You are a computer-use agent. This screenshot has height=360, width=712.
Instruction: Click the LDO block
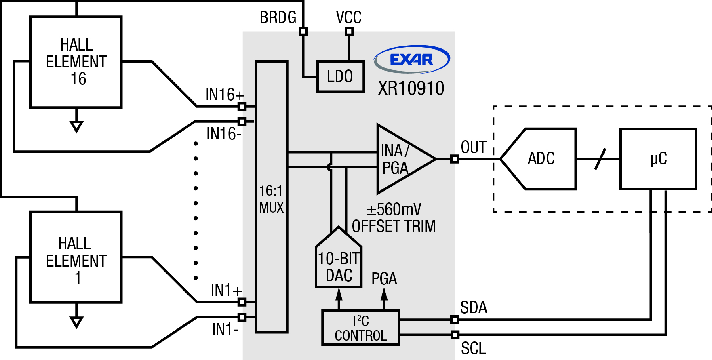tap(340, 76)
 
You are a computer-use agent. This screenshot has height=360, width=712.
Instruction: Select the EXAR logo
tap(412, 59)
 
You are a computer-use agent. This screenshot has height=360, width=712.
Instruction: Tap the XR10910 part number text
tap(411, 88)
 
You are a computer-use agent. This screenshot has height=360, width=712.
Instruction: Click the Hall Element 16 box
tap(76, 62)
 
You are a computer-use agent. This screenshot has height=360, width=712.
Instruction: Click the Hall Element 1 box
tap(76, 257)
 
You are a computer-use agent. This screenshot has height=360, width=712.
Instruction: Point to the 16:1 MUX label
tap(271, 199)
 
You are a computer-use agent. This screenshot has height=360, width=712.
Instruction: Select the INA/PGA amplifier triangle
tap(400, 159)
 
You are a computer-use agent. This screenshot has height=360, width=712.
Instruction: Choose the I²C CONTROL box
tap(360, 328)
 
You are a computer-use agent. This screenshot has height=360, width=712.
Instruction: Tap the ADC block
tap(541, 159)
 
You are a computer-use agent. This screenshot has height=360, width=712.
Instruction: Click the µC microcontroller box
tap(658, 159)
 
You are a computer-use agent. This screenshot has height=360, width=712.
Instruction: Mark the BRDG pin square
tap(303, 31)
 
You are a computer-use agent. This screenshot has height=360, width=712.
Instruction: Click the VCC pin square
tap(349, 31)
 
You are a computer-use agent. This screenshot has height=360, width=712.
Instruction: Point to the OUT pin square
tap(455, 159)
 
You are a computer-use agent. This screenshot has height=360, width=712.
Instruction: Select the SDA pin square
tap(455, 320)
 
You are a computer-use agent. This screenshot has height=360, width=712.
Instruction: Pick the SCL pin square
tap(455, 335)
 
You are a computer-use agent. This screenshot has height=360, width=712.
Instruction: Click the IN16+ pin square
tap(242, 106)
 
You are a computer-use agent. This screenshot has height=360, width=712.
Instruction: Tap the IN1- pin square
tap(242, 317)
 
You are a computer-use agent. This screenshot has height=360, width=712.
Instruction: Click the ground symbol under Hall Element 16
tap(76, 126)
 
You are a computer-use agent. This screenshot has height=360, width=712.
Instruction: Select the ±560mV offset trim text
tap(394, 218)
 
